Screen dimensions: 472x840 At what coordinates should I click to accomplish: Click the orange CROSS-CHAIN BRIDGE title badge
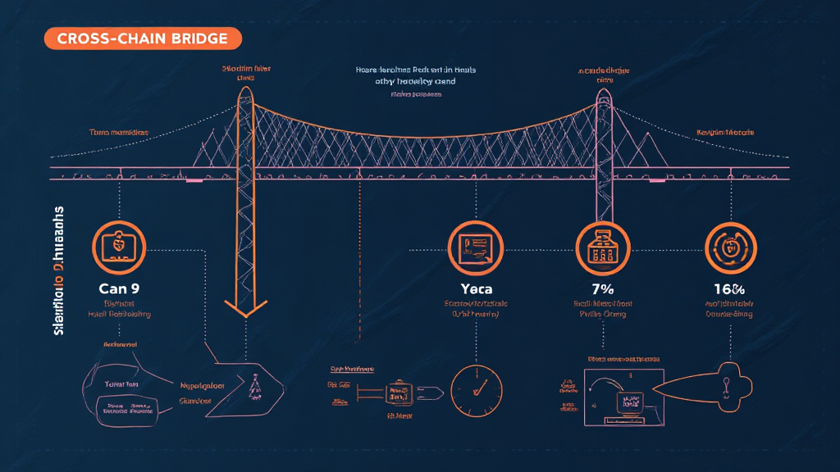pos(142,39)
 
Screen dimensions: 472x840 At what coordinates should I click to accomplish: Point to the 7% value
pos(604,288)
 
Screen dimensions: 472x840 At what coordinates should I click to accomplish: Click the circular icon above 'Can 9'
pos(119,245)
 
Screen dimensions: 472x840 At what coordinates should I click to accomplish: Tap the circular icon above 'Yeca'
pos(475,245)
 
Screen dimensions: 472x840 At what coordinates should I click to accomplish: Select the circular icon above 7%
pos(603,246)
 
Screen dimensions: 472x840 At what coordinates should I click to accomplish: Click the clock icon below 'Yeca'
pos(476,383)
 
